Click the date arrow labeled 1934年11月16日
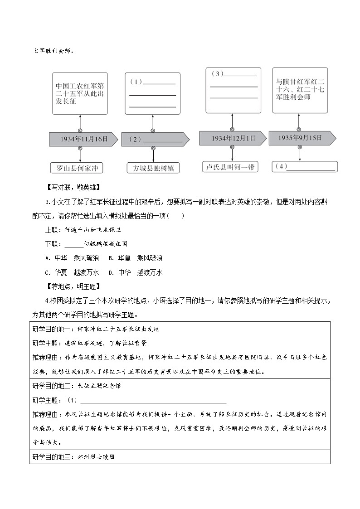point(83,139)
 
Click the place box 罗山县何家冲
point(76,168)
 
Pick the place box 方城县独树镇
point(153,168)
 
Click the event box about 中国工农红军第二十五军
point(80,93)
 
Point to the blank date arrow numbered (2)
point(155,140)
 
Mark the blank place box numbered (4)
point(305,166)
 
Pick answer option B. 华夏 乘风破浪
point(135,258)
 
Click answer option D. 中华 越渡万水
point(135,272)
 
